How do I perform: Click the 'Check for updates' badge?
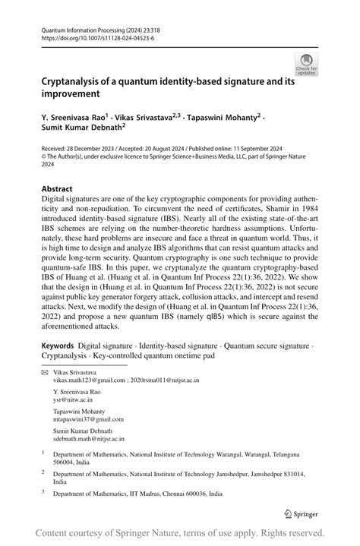coord(307,64)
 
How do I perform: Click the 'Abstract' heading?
coord(57,188)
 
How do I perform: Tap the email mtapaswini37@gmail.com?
coord(84,419)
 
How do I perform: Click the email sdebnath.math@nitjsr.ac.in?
coord(89,439)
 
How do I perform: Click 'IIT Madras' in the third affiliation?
coord(145,493)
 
